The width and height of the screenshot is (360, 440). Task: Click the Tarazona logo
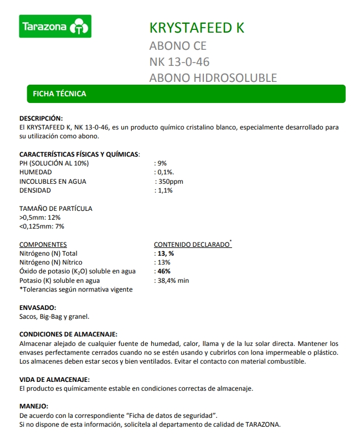pos(55,26)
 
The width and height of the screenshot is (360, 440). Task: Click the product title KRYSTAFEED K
pos(197,28)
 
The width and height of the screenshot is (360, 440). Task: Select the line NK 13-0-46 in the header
pos(179,61)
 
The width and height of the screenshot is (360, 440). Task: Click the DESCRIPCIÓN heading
pos(42,118)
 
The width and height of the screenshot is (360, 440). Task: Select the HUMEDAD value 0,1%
pos(164,172)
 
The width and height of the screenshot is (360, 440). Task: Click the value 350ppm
pos(170,182)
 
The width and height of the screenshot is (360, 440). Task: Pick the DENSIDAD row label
pos(35,190)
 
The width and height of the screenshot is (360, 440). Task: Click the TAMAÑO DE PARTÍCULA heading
pos(56,209)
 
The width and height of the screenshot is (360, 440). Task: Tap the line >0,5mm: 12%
pos(40,218)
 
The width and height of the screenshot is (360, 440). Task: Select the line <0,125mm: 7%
pos(42,226)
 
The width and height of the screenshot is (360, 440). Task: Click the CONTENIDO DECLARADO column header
pos(191,245)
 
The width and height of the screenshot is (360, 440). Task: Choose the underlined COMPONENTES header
pos(43,245)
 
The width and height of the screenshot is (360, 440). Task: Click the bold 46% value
pos(164,271)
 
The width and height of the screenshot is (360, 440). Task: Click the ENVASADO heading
pos(38,307)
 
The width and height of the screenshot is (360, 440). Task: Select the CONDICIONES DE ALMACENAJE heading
pos(68,334)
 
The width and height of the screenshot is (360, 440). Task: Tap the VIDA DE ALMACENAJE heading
pos(54,379)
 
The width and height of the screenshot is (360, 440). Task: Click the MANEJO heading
pos(34,406)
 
